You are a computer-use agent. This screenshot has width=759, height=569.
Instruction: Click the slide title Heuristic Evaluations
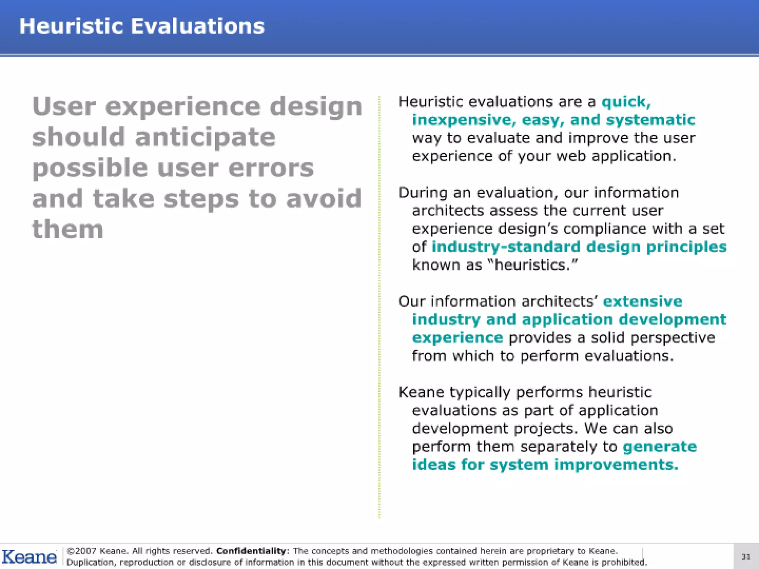142,26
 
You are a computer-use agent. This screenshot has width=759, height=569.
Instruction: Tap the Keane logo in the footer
29,557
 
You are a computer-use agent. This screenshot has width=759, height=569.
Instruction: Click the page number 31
746,557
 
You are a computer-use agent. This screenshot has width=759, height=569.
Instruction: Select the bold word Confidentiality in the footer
251,551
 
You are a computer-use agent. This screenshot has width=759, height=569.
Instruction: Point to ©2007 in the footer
81,551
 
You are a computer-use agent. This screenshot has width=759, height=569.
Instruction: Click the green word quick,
626,102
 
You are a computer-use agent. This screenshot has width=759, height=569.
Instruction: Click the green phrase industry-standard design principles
579,247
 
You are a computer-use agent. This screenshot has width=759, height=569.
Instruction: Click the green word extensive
642,301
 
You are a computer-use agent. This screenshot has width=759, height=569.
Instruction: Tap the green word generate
659,447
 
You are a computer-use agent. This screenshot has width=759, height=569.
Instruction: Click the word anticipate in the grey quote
205,137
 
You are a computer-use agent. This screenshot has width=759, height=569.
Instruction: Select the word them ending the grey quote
68,229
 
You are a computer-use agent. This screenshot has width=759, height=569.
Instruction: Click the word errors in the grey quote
271,168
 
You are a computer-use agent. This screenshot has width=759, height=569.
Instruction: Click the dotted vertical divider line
379,307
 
